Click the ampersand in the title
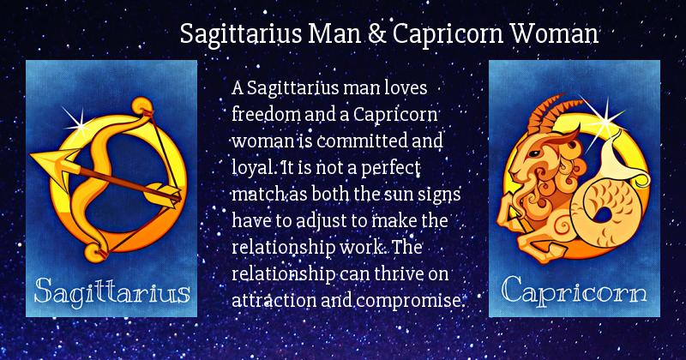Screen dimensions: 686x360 coord(376,33)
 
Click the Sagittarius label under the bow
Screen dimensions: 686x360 coord(112,291)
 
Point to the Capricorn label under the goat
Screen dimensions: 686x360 coord(574,291)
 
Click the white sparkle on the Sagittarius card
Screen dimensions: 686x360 coord(78,123)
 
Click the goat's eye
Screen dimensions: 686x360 coord(533,153)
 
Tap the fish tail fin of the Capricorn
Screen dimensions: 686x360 coord(619,156)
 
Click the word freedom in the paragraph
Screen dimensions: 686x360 coord(266,114)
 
